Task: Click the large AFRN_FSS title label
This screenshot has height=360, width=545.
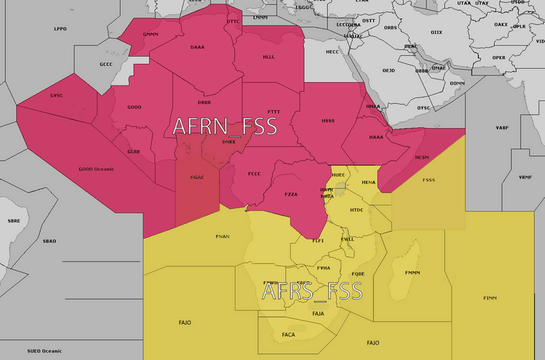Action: coord(224,126)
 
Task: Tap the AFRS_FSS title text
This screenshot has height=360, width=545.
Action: coord(312,290)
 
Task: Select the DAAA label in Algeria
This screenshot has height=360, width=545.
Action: coord(197,48)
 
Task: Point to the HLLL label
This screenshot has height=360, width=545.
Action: coord(269,57)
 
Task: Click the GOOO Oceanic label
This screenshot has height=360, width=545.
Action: coord(97,169)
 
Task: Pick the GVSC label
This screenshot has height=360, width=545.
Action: coord(56,95)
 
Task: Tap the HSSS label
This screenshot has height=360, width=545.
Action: coord(328,121)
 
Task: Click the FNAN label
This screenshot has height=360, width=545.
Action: coord(222,236)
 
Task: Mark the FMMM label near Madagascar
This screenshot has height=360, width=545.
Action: coord(412,273)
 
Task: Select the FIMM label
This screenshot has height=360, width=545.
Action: coord(490,298)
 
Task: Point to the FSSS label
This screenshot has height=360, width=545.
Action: coord(429,180)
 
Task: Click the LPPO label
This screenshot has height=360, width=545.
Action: coord(60,29)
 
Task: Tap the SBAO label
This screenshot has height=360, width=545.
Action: coord(49,241)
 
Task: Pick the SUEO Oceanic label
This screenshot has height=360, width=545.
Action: coord(44,351)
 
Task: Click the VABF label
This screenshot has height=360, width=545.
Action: coord(502,128)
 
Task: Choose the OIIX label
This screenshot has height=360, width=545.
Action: coord(436,32)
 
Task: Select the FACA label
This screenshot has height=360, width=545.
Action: coord(288,334)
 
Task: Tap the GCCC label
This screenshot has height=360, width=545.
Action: coord(106,65)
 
